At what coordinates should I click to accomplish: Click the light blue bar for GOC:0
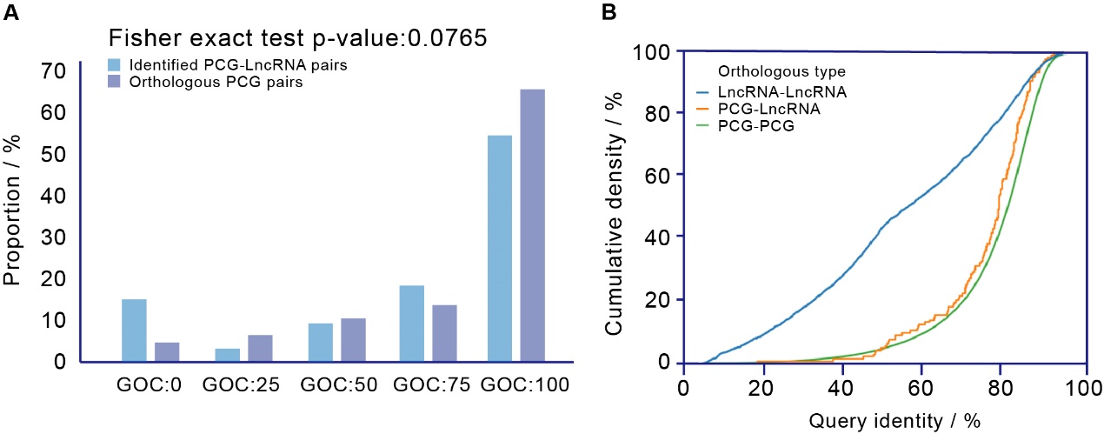[134, 331]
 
